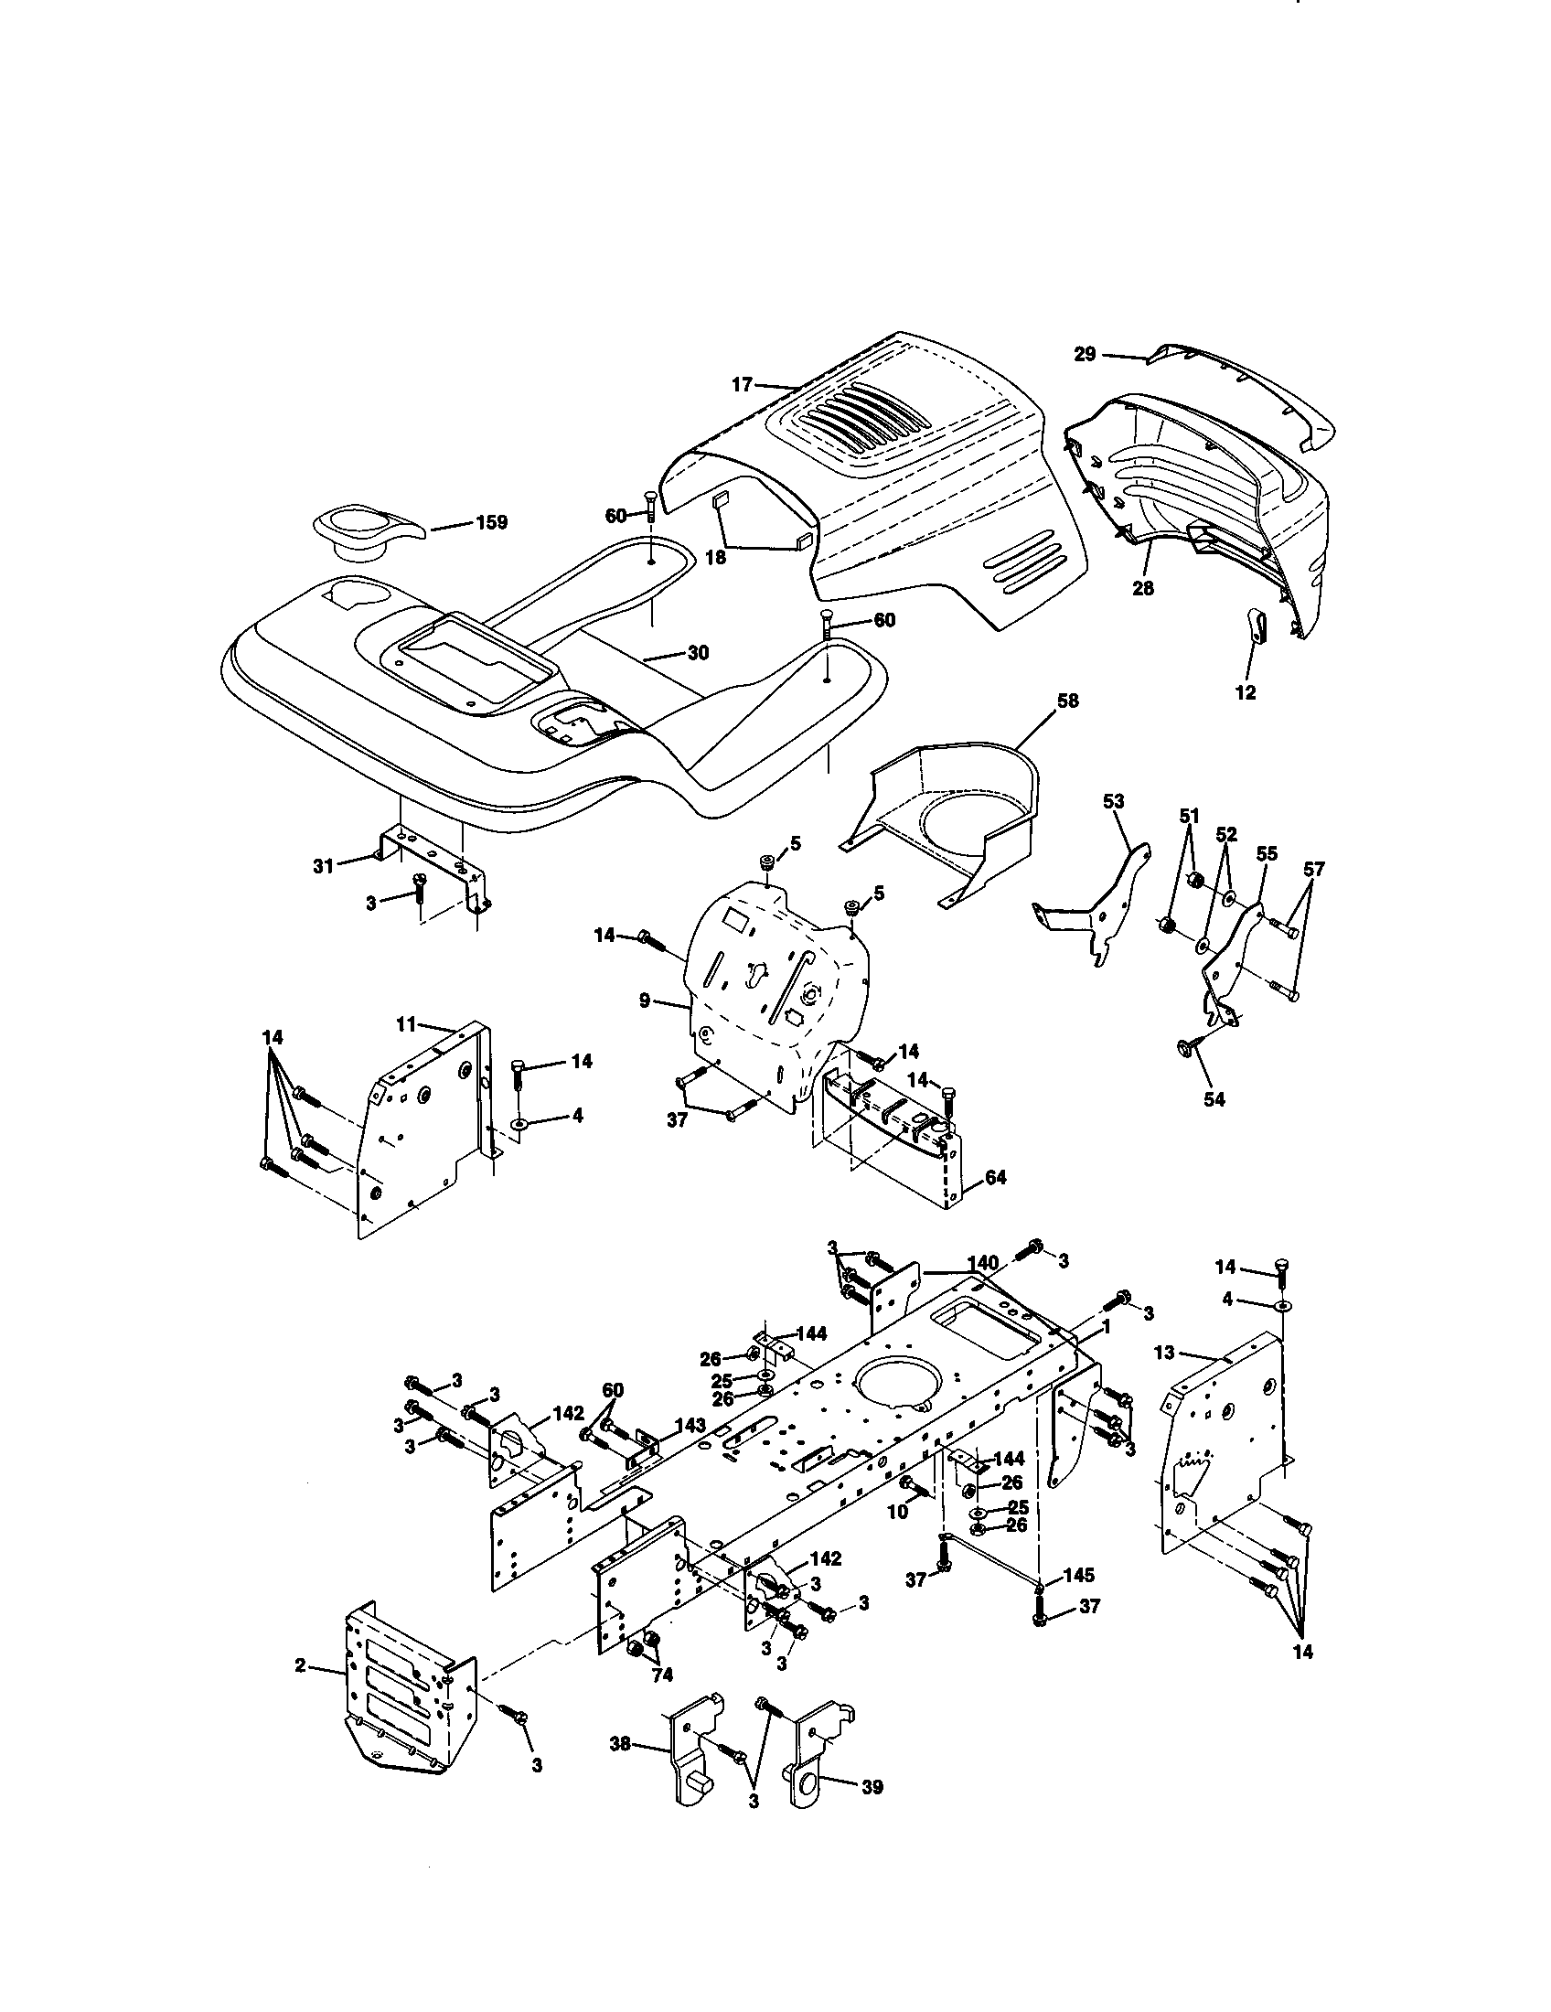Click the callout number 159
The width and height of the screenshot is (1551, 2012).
491,522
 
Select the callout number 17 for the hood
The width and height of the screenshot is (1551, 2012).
743,385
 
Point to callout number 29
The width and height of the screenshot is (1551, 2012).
1085,354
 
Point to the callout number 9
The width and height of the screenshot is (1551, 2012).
645,999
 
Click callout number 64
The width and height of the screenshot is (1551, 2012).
995,1177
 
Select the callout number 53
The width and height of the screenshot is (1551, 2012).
1114,801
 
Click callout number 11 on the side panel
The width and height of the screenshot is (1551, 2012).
407,1023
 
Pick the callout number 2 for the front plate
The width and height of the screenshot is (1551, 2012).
300,1665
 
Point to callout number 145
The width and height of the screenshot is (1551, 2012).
1079,1575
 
